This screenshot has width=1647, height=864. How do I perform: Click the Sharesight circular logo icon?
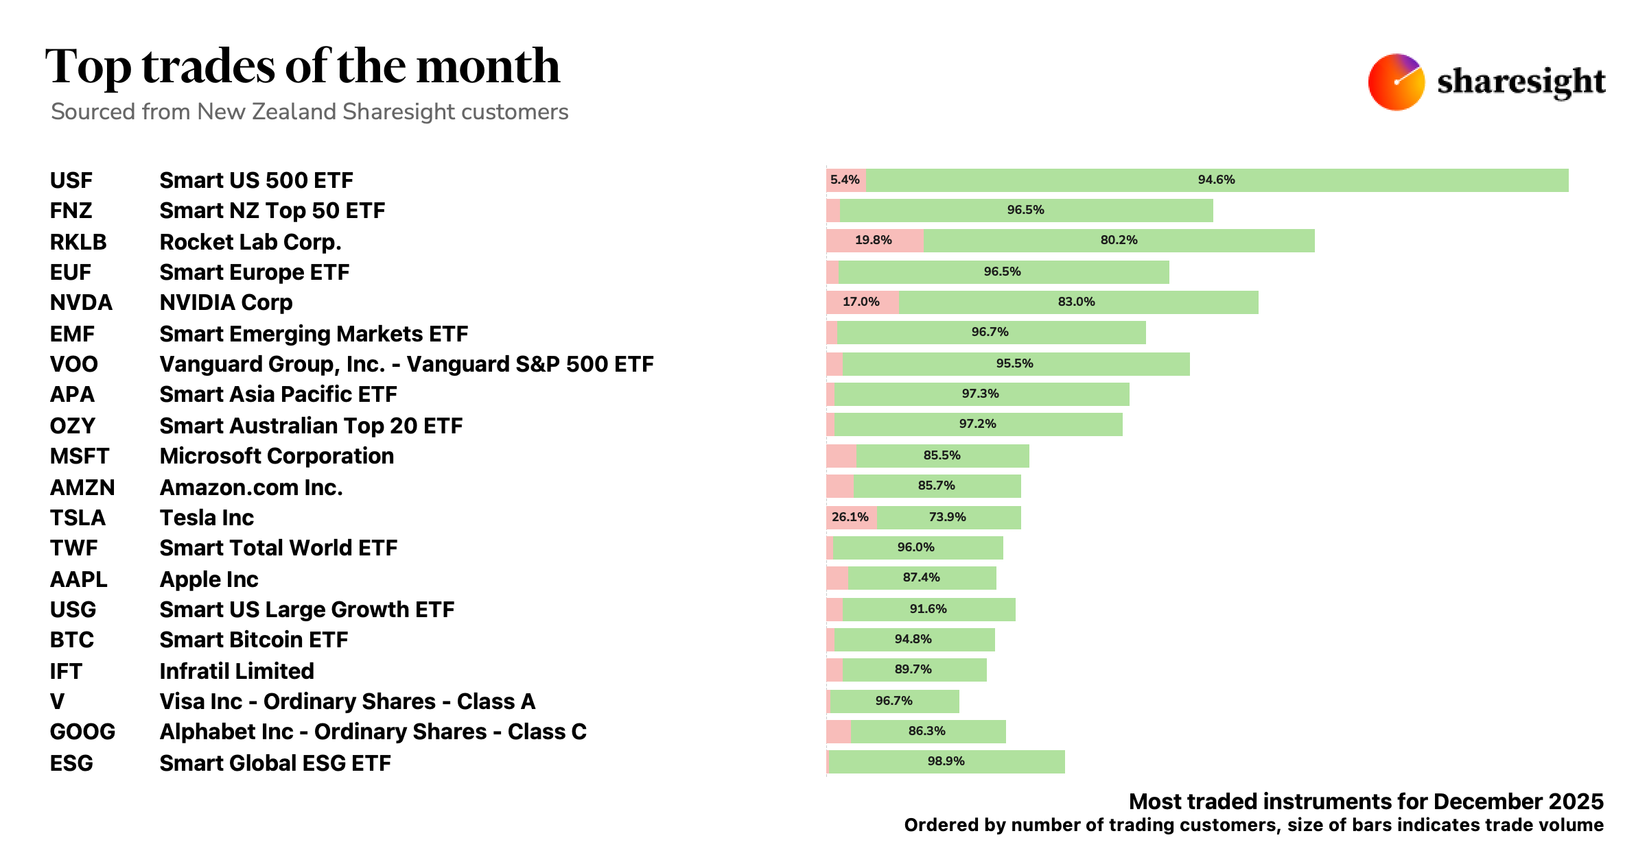(1396, 82)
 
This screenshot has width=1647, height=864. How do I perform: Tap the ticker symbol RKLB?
(78, 242)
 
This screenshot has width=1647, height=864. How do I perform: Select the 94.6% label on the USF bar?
(1216, 180)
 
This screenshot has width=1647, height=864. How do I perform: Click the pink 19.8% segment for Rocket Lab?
(874, 241)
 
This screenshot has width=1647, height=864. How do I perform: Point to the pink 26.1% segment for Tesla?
(851, 517)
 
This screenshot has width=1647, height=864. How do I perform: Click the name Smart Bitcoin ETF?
(253, 640)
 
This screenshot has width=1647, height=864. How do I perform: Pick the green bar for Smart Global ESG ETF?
(947, 762)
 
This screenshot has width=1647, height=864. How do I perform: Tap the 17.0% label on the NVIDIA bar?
(861, 302)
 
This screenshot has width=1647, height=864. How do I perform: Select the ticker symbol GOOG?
(82, 732)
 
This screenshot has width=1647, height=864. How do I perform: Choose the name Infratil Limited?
(236, 671)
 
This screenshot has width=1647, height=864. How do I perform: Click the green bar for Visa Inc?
(894, 701)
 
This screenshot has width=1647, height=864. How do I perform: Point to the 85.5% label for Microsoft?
(942, 455)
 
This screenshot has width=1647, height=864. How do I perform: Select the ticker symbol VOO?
(73, 364)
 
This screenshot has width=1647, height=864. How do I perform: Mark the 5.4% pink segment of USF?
(845, 180)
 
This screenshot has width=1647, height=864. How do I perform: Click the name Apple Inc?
(209, 579)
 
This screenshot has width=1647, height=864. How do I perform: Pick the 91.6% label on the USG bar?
(928, 609)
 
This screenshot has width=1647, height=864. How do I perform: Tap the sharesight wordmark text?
(1521, 82)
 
